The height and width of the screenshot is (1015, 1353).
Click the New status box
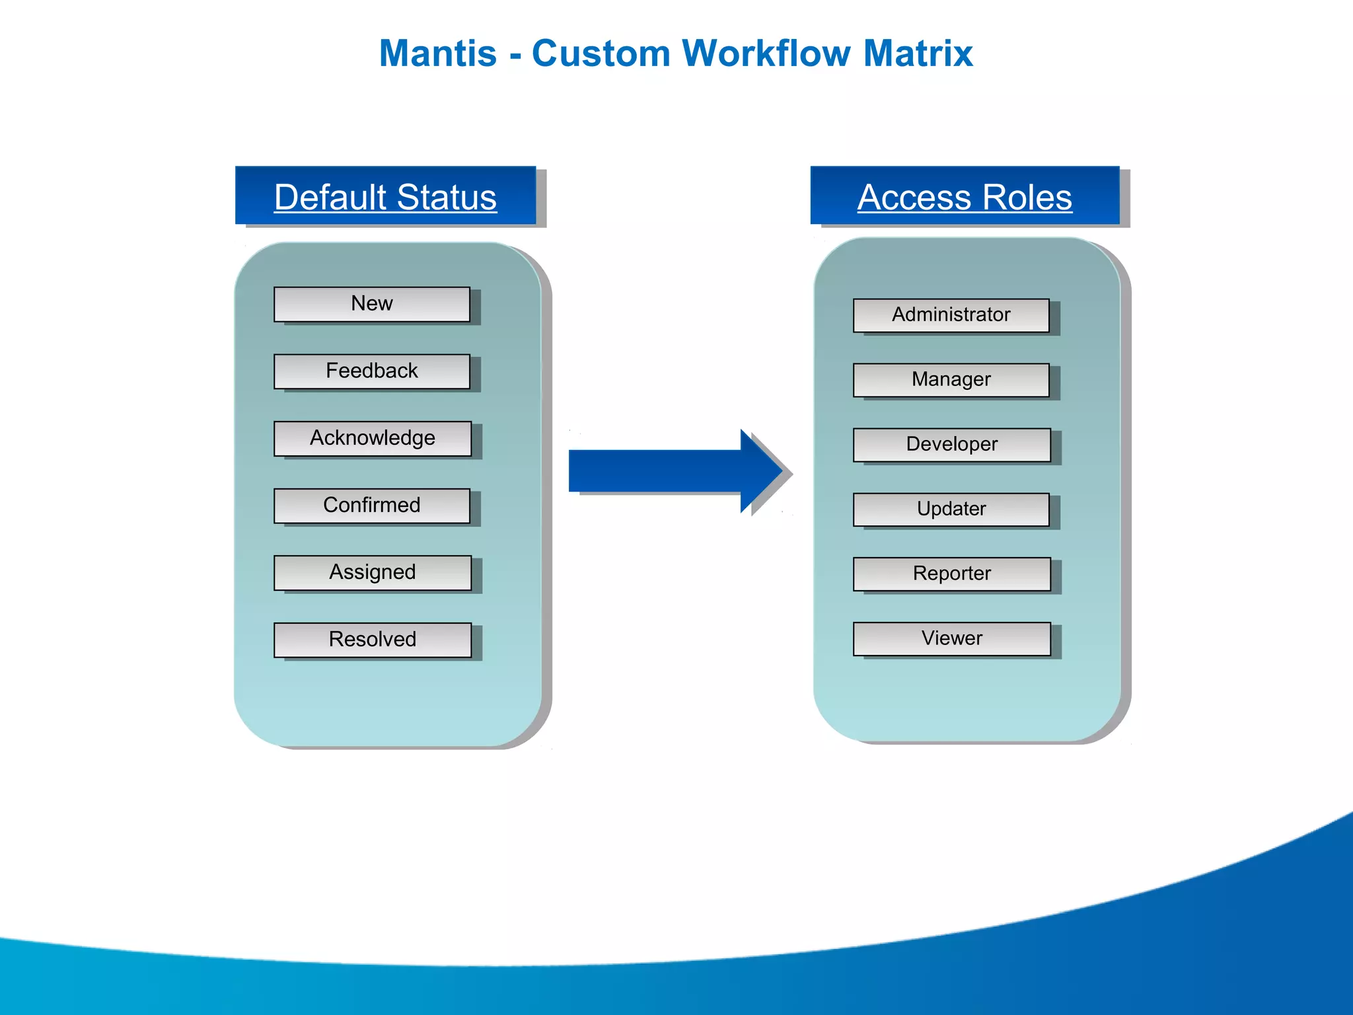click(x=372, y=304)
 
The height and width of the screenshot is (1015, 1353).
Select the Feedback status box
click(x=372, y=371)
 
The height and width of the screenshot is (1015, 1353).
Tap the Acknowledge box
click(x=373, y=438)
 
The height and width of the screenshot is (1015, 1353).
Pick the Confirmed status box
click(x=372, y=506)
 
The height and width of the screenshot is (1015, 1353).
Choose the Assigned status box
click(x=373, y=572)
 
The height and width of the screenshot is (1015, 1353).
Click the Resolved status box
click(x=373, y=640)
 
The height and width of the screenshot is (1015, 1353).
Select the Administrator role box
click(x=951, y=315)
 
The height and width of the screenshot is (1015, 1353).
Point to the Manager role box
click(x=951, y=380)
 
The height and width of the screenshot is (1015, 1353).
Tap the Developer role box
click(x=952, y=445)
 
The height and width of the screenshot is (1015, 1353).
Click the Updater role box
click(x=951, y=509)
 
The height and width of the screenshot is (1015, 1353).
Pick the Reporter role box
click(x=952, y=574)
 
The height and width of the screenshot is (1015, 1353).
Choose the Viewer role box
click(x=952, y=638)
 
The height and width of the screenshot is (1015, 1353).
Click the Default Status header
click(x=385, y=196)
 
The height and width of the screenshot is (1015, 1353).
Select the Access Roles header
click(x=965, y=196)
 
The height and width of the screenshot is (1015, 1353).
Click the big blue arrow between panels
click(x=674, y=470)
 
